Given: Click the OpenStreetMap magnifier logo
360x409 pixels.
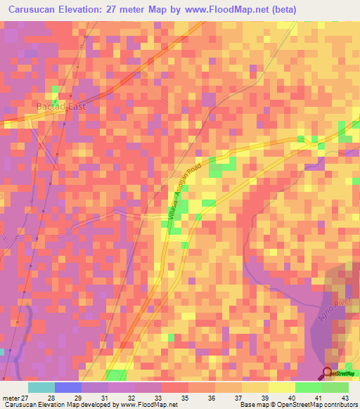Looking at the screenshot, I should (328, 373).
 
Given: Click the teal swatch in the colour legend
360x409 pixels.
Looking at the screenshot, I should (41, 387).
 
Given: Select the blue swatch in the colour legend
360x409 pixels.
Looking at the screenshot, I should (68, 387).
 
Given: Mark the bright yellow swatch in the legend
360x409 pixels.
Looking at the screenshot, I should (281, 387).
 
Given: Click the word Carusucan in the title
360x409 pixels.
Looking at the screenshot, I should (33, 10).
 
